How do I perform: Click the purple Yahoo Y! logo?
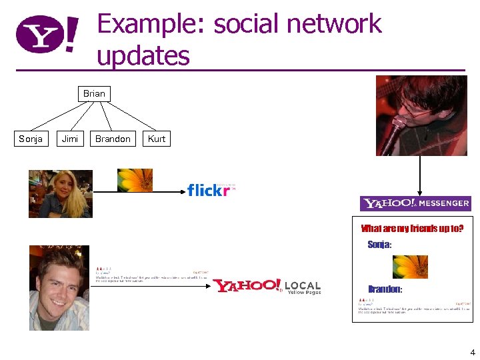pyautogui.click(x=47, y=35)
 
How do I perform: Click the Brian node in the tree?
pyautogui.click(x=94, y=93)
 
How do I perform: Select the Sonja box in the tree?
pyautogui.click(x=31, y=139)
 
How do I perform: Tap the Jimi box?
pyautogui.click(x=70, y=139)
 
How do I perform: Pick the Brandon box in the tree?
pyautogui.click(x=113, y=139)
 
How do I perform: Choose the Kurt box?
pyautogui.click(x=157, y=139)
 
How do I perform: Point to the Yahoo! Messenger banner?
pyautogui.click(x=415, y=203)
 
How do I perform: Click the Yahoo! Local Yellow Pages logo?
pyautogui.click(x=267, y=286)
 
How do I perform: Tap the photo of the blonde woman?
pyautogui.click(x=60, y=193)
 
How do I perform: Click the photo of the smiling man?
pyautogui.click(x=59, y=287)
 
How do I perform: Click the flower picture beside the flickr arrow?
pyautogui.click(x=135, y=180)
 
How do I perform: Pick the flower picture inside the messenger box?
pyautogui.click(x=410, y=267)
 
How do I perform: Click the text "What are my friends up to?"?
pyautogui.click(x=411, y=229)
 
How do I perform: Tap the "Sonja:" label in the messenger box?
pyautogui.click(x=379, y=245)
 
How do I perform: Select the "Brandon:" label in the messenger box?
pyautogui.click(x=385, y=289)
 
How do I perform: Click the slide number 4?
pyautogui.click(x=472, y=352)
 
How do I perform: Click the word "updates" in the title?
pyautogui.click(x=143, y=56)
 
